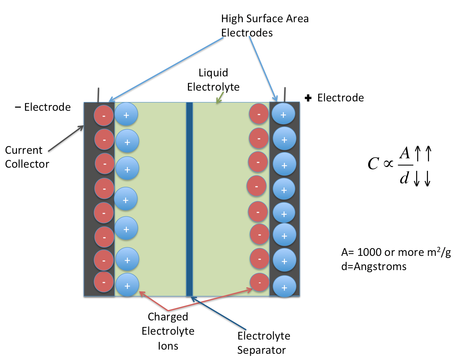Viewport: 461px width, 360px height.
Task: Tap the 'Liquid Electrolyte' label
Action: click(x=213, y=80)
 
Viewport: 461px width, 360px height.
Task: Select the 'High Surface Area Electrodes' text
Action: click(x=265, y=25)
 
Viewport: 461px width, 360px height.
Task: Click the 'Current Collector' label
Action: click(x=27, y=157)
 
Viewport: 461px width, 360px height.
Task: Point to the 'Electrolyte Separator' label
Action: click(x=263, y=343)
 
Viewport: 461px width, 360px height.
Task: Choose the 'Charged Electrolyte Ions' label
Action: click(x=168, y=331)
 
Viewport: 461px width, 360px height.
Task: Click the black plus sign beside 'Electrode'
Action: click(x=308, y=98)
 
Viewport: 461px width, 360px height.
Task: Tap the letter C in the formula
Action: click(x=373, y=164)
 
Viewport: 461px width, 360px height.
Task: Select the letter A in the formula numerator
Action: click(x=405, y=153)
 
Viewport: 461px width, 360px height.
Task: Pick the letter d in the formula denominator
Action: click(x=404, y=178)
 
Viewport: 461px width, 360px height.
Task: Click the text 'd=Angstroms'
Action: click(x=374, y=267)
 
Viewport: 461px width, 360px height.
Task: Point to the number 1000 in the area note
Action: click(x=370, y=252)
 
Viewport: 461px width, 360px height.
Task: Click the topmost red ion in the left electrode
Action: click(x=104, y=115)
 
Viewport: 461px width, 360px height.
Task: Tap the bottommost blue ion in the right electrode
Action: click(x=284, y=287)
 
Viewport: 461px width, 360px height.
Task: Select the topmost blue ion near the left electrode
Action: click(x=126, y=115)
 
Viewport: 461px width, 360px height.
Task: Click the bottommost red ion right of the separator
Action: click(x=260, y=282)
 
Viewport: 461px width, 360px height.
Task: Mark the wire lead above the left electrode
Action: click(x=99, y=94)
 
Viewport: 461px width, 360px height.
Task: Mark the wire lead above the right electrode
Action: click(x=285, y=94)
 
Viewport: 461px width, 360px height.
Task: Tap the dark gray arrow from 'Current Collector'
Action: click(x=66, y=139)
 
